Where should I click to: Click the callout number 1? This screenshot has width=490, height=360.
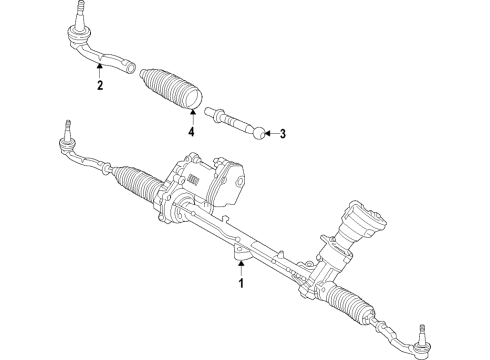pos(240,283)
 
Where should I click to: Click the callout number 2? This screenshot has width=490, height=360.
pos(100,87)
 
